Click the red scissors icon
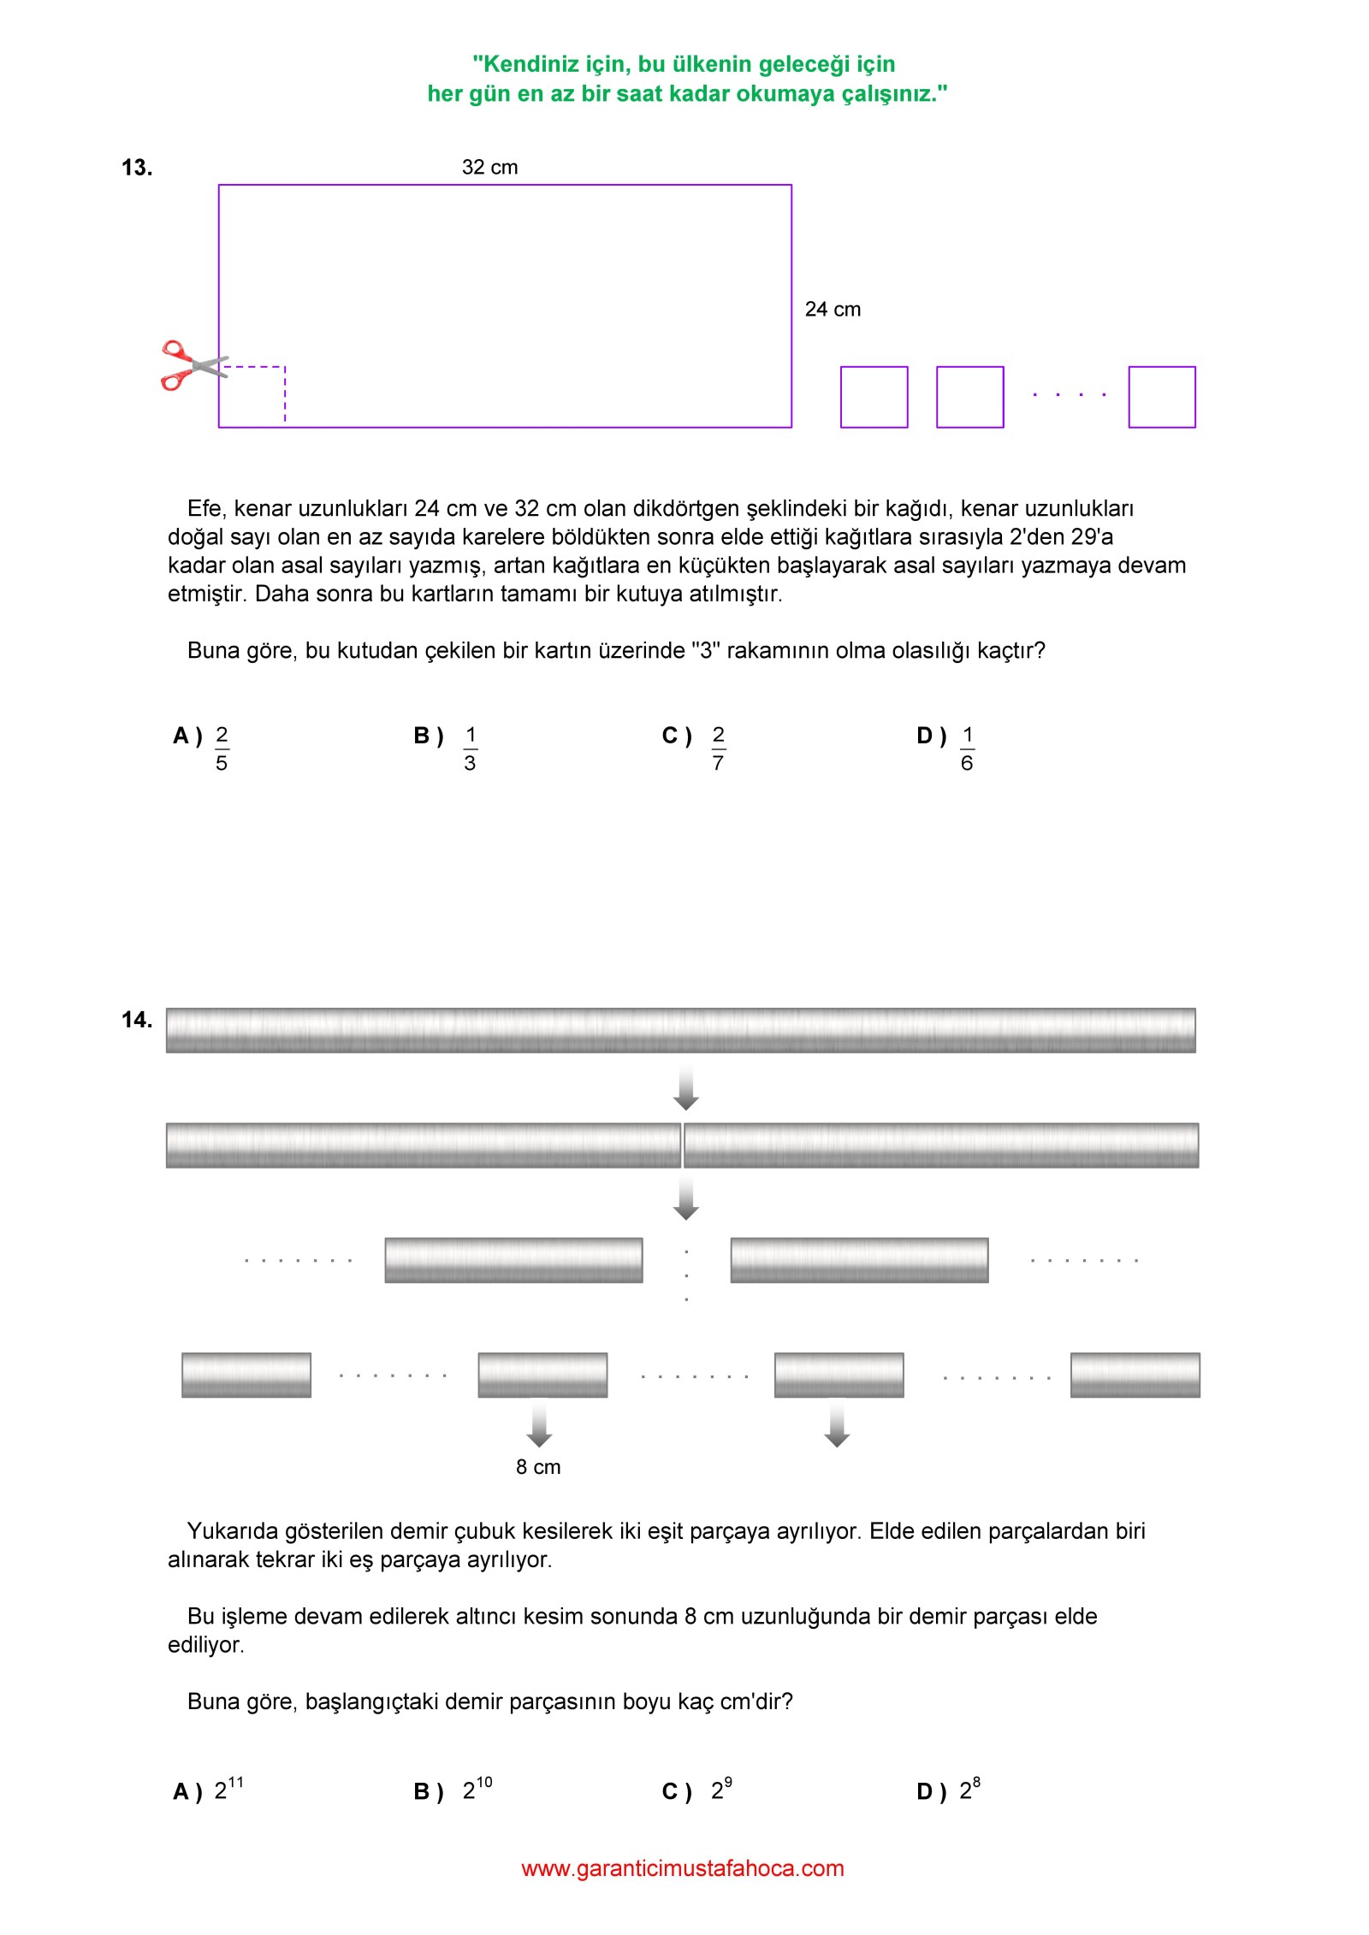click(190, 365)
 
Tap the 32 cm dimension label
click(489, 167)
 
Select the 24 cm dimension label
click(833, 309)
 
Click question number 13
click(137, 168)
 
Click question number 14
click(137, 1019)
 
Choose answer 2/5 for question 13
click(221, 749)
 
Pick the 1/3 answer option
click(470, 749)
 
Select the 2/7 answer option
click(718, 749)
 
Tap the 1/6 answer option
click(967, 749)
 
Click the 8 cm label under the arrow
click(538, 1467)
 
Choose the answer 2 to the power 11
click(228, 1789)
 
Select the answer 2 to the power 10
click(477, 1789)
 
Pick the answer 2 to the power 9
click(721, 1789)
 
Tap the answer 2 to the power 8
click(969, 1789)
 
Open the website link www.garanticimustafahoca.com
click(683, 1868)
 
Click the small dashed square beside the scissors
click(252, 396)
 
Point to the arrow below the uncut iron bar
click(685, 1088)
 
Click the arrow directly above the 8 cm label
click(539, 1423)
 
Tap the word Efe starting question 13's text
click(206, 508)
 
